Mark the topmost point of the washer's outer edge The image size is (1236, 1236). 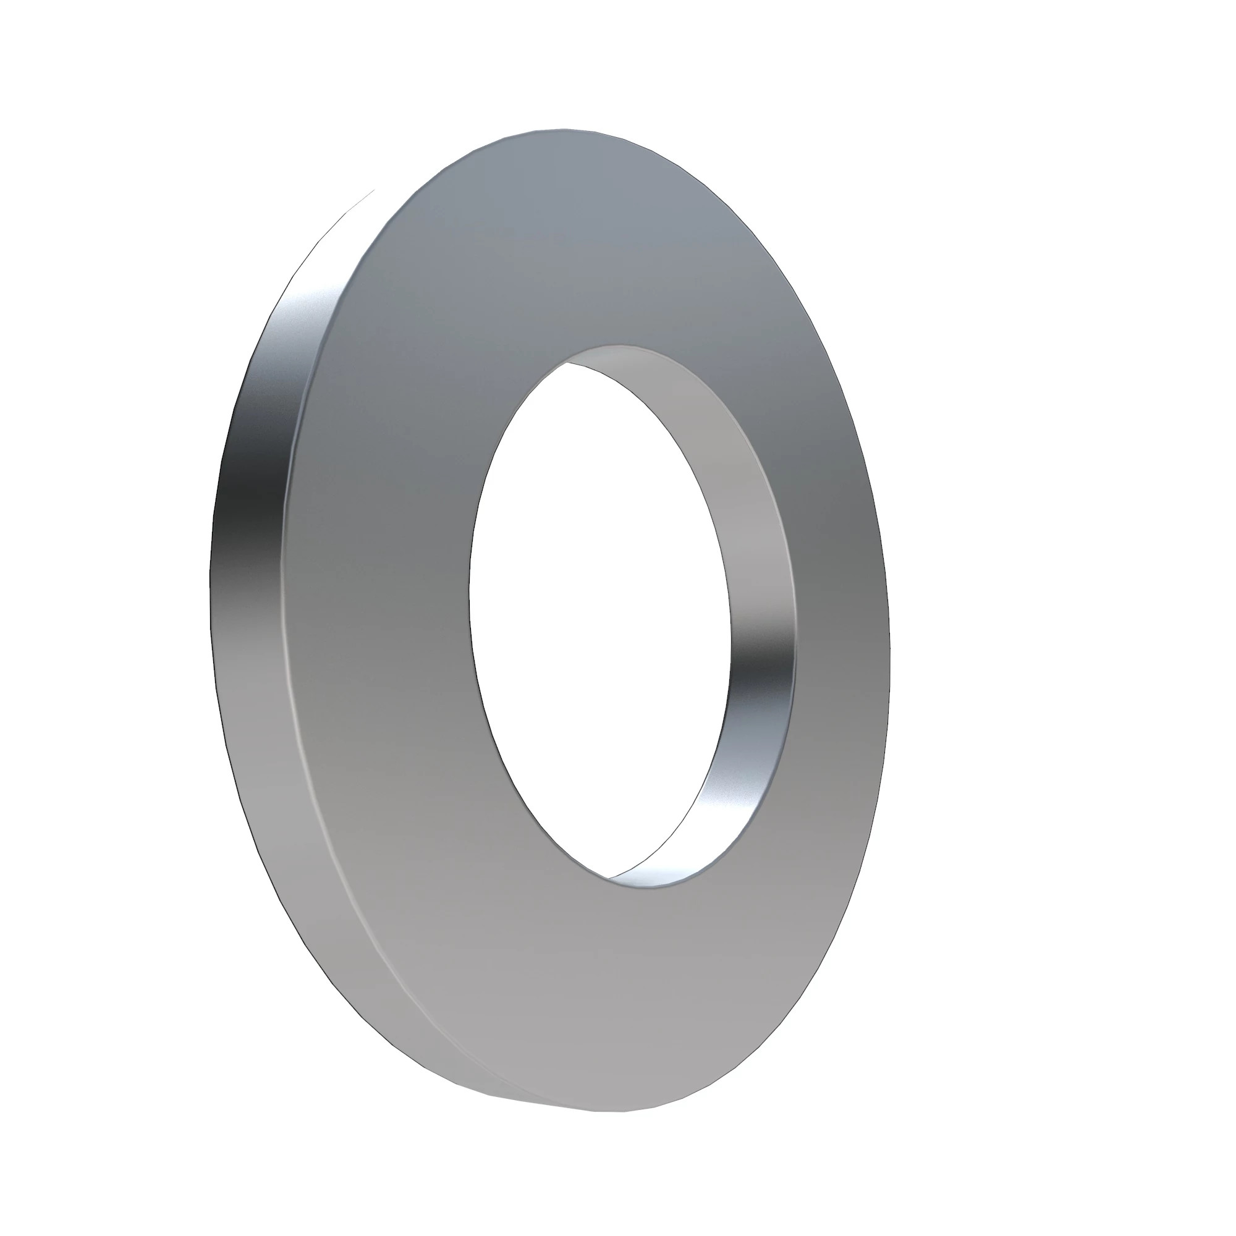click(x=563, y=129)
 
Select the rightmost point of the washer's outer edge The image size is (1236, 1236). click(x=890, y=614)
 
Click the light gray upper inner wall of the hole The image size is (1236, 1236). click(x=672, y=410)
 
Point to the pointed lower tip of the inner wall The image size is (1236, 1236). click(x=611, y=877)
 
